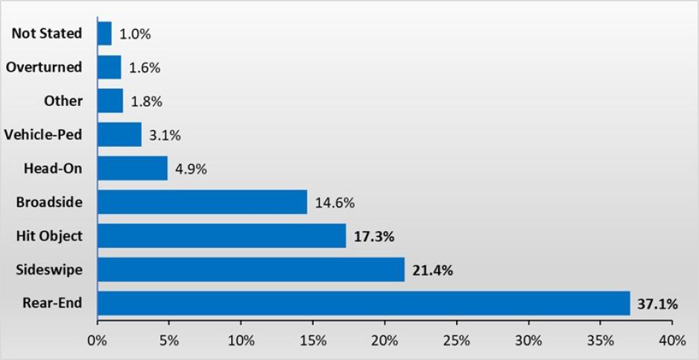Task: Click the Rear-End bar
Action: [364, 303]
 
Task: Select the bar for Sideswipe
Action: [250, 270]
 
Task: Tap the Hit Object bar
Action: [221, 236]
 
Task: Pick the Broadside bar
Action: [202, 202]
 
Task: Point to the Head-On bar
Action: [133, 168]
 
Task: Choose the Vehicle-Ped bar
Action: [119, 135]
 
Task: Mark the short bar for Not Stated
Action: [104, 34]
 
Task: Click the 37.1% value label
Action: [657, 304]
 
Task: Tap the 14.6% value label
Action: [335, 203]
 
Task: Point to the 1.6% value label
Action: [144, 68]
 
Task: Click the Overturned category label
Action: [44, 67]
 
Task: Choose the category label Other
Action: [63, 101]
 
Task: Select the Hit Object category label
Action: [49, 236]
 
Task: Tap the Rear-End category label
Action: [52, 303]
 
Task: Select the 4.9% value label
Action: [191, 169]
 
